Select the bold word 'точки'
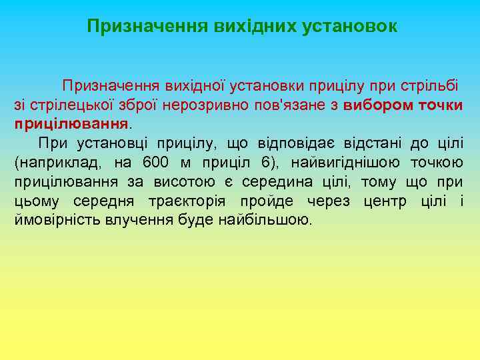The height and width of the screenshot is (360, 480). click(x=441, y=105)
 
